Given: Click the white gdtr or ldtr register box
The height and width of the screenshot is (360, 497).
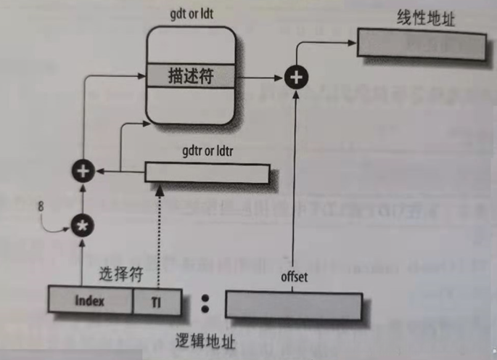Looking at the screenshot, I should pos(208,172).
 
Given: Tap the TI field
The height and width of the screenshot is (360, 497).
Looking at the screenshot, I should pos(156,301).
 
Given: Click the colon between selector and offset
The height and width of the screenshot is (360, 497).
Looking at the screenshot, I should pos(205,303).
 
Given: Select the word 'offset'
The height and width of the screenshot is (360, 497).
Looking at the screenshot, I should pos(295,277).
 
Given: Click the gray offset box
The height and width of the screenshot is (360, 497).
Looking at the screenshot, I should pos(293,305).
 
